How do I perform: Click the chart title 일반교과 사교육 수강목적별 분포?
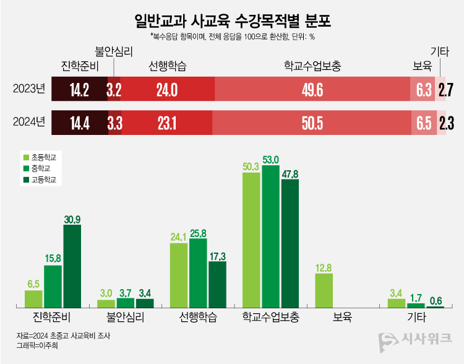232,22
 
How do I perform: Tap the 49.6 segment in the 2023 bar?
312,90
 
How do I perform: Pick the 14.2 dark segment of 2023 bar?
79,90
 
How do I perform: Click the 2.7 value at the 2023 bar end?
446,90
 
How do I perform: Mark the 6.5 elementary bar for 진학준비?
33,299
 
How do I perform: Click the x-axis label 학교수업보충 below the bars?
270,318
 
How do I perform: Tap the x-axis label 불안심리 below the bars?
126,318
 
